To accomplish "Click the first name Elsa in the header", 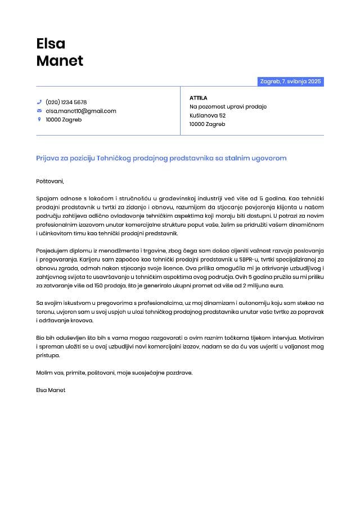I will coord(51,43).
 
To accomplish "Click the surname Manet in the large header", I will coord(60,61).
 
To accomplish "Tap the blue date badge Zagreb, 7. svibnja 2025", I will coord(290,82).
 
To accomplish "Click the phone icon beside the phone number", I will coord(39,102).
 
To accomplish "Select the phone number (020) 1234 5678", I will coord(66,102).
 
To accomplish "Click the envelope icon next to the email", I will coord(39,111).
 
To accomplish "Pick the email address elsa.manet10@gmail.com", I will coord(81,111).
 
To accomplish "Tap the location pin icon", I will coord(39,119).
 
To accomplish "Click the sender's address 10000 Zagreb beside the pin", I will coord(64,120).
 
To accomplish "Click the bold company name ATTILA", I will coord(199,98).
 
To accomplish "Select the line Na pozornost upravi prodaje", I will coord(228,107).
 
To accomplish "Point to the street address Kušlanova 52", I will coord(208,115).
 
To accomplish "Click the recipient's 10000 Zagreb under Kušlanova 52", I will coord(208,124).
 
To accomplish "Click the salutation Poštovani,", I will coord(50,181).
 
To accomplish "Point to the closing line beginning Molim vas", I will coord(114,373).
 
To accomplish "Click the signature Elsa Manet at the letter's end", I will coord(51,390).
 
